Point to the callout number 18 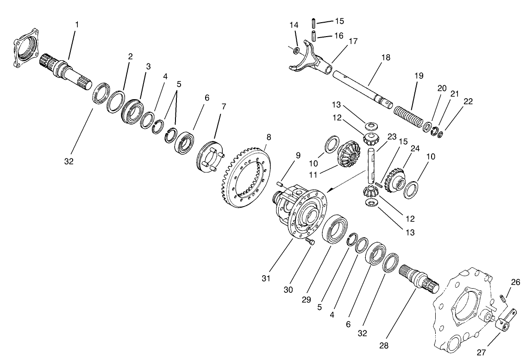click(385, 58)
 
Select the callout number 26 click(516, 282)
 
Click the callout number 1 click(77, 24)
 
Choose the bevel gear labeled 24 click(394, 180)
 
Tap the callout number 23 click(392, 137)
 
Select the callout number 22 click(468, 101)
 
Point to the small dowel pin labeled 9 click(280, 185)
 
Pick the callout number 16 click(338, 35)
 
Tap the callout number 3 click(148, 67)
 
